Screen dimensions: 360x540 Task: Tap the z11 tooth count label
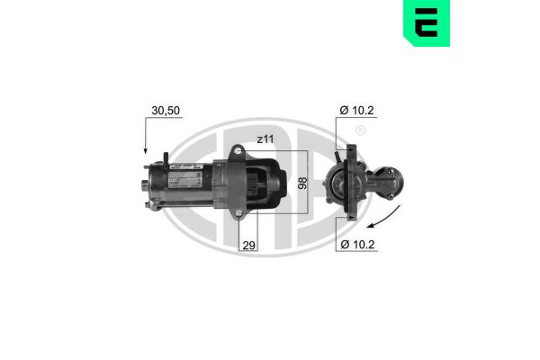[x=266, y=139]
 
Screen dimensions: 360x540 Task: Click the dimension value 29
[x=248, y=244]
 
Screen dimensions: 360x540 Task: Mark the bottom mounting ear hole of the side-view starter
[x=236, y=214]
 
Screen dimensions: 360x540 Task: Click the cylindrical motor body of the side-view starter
[x=184, y=187]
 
